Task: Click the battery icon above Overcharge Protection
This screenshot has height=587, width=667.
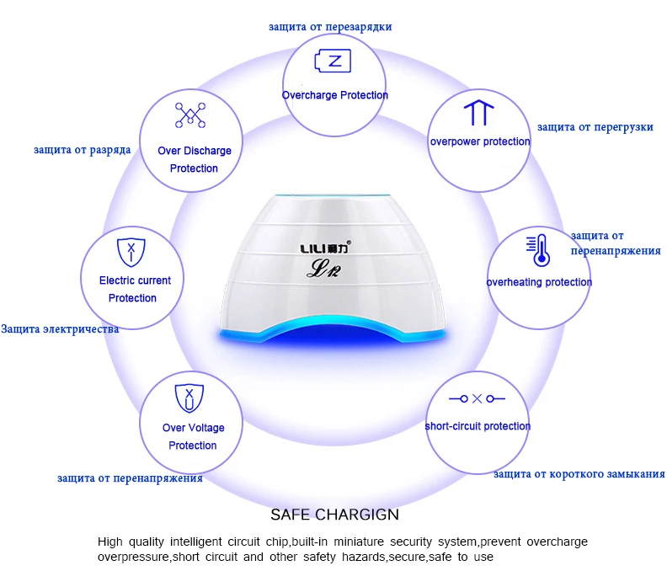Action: (x=333, y=61)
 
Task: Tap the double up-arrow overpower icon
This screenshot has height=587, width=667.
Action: (x=478, y=113)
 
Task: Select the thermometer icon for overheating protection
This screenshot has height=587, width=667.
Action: (x=538, y=250)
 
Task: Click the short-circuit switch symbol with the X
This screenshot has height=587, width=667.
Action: (x=477, y=398)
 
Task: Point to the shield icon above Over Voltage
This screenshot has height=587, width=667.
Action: (x=189, y=398)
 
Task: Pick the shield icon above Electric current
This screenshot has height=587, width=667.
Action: (x=131, y=253)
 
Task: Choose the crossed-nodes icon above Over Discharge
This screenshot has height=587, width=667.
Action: (x=190, y=115)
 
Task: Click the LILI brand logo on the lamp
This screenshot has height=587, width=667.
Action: (x=326, y=248)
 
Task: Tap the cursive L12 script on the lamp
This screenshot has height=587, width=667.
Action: (x=323, y=269)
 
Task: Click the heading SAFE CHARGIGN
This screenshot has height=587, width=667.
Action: (x=335, y=515)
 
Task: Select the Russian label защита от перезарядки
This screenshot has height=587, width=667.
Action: (x=330, y=27)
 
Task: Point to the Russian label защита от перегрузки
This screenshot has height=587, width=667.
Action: (x=595, y=127)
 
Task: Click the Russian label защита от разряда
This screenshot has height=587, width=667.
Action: (x=82, y=150)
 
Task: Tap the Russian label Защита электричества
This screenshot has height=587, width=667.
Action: (x=60, y=329)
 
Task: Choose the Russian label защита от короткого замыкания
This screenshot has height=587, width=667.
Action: (x=579, y=474)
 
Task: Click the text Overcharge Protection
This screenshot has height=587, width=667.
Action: (x=335, y=95)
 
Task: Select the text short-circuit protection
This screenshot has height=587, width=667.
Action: (x=478, y=426)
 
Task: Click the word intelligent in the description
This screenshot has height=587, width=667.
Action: (x=195, y=542)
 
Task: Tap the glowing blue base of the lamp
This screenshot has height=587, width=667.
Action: (x=333, y=332)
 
